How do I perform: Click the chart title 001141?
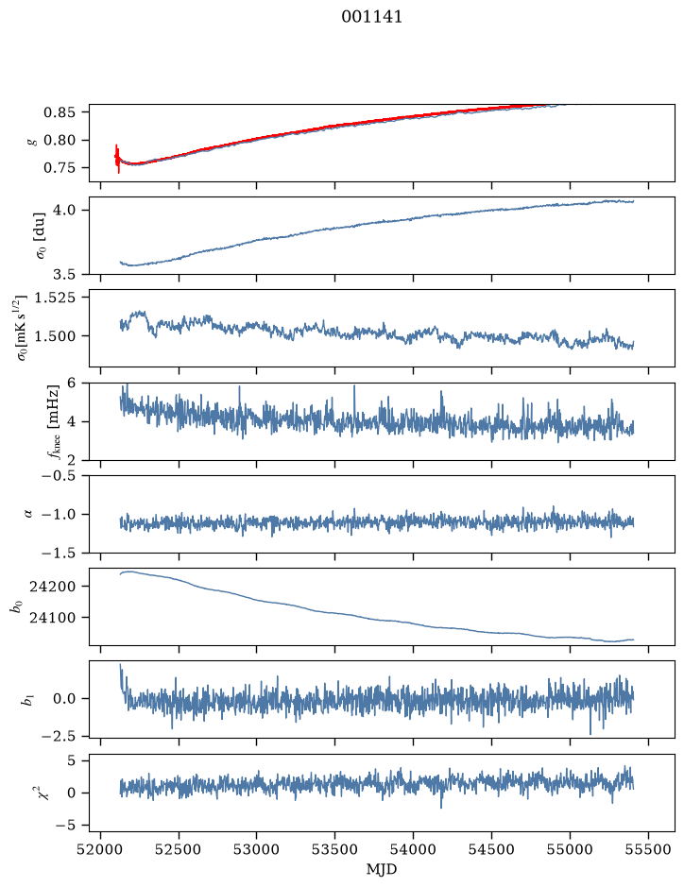click(371, 17)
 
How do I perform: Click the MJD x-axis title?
click(382, 869)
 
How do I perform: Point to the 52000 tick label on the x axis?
click(101, 849)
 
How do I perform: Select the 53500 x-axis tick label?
click(335, 849)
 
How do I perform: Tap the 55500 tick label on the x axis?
click(648, 849)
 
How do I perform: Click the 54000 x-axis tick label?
click(413, 849)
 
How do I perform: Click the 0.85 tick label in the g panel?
click(59, 112)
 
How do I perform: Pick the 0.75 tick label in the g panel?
click(59, 168)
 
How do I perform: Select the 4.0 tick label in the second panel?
click(64, 211)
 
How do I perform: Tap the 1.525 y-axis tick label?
click(54, 298)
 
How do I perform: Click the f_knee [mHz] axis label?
click(53, 421)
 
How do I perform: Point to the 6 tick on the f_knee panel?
click(71, 383)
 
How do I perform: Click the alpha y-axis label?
click(29, 514)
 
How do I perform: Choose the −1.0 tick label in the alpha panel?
click(59, 514)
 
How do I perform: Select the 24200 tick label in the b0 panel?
click(52, 587)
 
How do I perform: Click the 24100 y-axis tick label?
click(52, 618)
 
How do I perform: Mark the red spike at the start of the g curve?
click(117, 159)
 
